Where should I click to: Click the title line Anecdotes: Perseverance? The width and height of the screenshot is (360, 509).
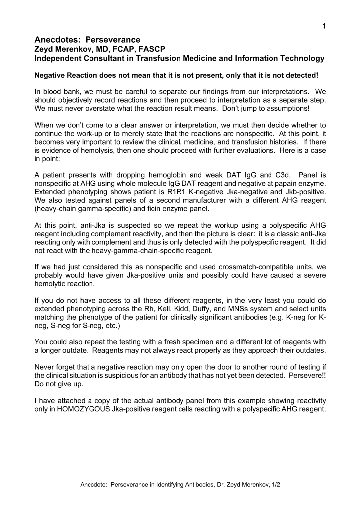(x=87, y=40)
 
